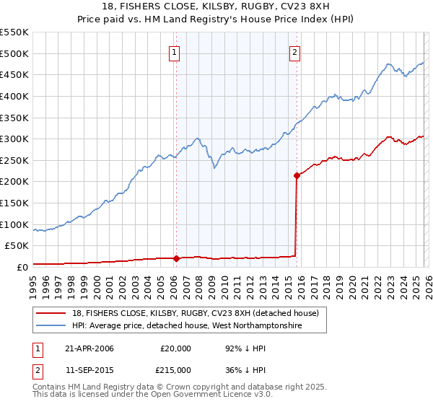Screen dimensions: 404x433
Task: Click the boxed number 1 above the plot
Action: [x=175, y=51]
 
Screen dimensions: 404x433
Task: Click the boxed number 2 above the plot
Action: [x=296, y=51]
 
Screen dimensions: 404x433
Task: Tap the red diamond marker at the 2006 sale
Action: [x=176, y=258]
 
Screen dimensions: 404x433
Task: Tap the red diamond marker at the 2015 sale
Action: [x=297, y=175]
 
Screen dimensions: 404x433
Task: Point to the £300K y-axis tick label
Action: [x=14, y=139]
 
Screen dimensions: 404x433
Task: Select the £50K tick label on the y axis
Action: [x=16, y=245]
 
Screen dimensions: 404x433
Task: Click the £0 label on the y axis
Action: [x=22, y=267]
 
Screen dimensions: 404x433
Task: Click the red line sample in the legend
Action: [x=52, y=313]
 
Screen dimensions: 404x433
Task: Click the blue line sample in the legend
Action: [x=52, y=326]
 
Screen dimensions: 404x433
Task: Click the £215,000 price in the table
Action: [x=175, y=370]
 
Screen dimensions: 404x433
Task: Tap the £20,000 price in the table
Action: [x=175, y=348]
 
